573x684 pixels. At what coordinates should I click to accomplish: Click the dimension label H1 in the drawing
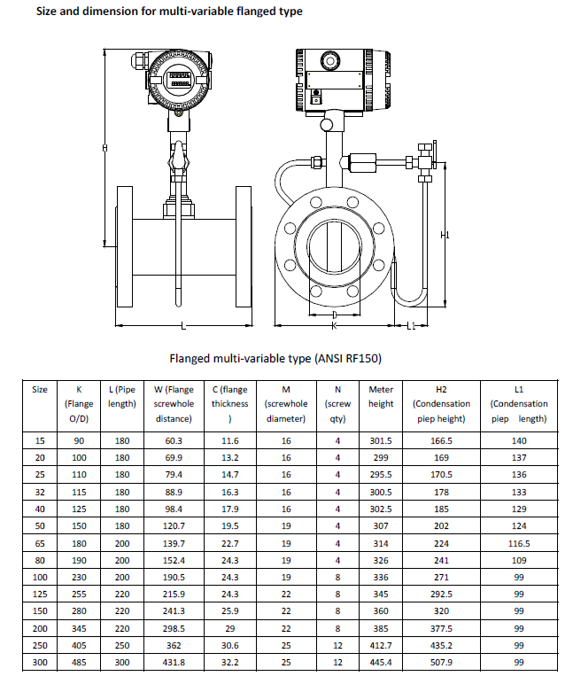coord(446,235)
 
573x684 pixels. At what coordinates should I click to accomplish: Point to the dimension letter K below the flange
coord(334,326)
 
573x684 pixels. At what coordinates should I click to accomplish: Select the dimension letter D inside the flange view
coord(334,315)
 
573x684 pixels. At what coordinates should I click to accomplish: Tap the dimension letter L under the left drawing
coord(183,326)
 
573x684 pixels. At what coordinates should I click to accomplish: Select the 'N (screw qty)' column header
coord(337,403)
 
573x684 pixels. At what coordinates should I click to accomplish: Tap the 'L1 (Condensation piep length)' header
coord(519,403)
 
